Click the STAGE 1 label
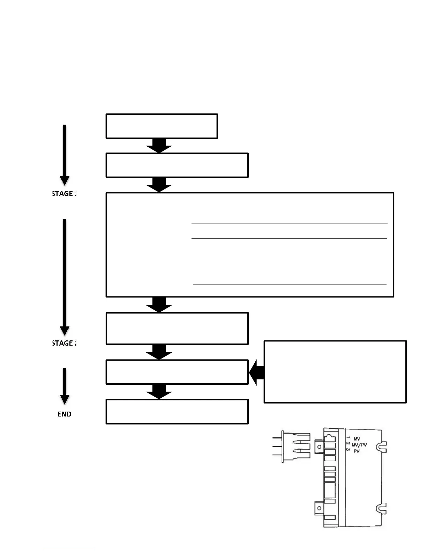63,193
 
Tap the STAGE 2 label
63,343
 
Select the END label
65,414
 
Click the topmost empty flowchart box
162,126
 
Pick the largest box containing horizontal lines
250,244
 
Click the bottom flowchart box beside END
177,412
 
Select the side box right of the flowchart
335,372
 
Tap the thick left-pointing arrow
256,373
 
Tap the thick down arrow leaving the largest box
159,304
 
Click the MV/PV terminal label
359,445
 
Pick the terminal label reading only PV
357,451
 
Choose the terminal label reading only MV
357,439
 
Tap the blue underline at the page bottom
69,550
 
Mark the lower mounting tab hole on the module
319,508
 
